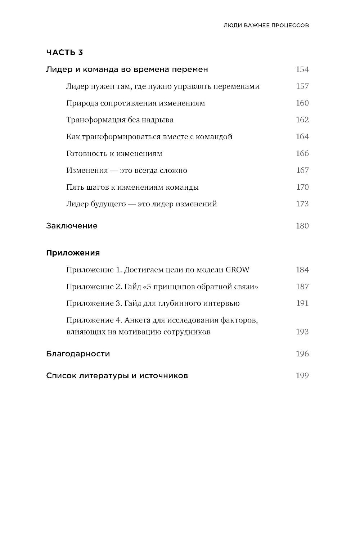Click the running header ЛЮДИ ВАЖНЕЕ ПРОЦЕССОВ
click(266, 26)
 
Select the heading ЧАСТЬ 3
click(64, 53)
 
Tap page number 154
click(302, 69)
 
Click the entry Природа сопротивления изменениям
click(136, 103)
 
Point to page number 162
click(302, 120)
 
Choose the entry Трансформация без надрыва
click(120, 120)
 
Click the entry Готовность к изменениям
click(114, 154)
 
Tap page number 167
click(302, 170)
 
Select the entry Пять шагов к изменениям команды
click(132, 187)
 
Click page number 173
click(302, 204)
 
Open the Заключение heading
click(72, 226)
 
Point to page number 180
click(302, 226)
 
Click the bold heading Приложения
click(73, 253)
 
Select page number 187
click(302, 287)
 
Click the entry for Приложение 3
click(153, 303)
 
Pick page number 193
click(302, 332)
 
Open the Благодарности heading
click(78, 354)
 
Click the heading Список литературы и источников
click(117, 376)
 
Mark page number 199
click(302, 376)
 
